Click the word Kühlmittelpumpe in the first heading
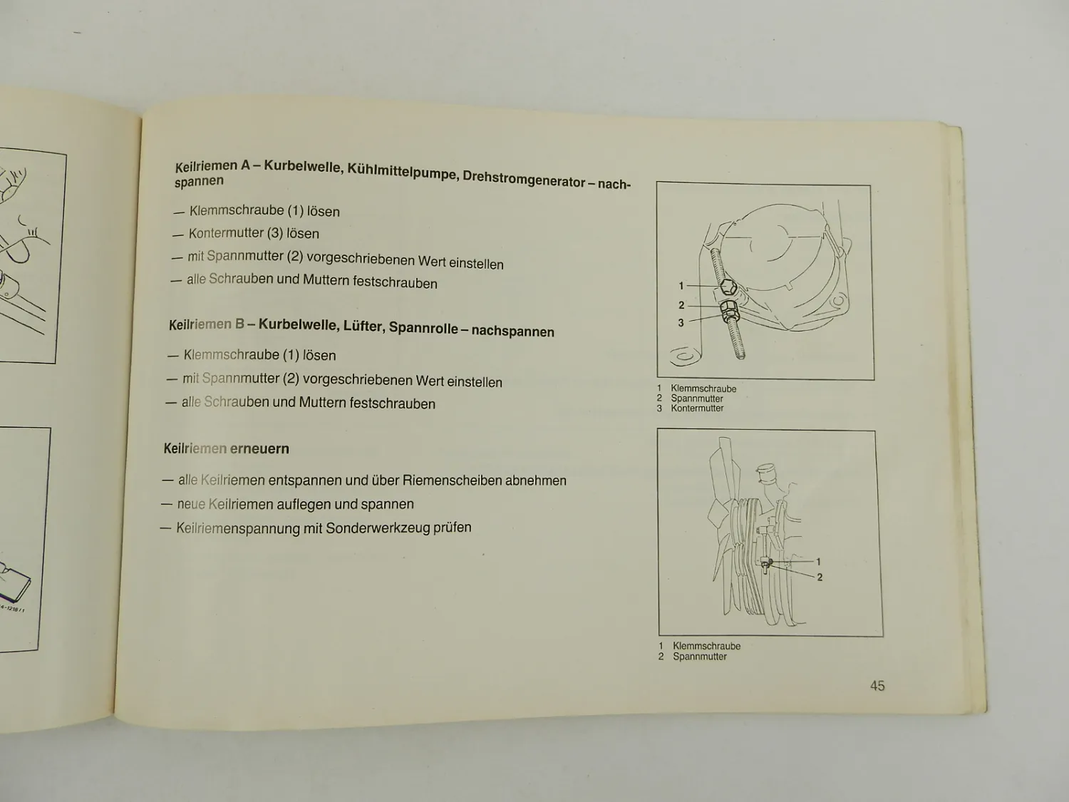point(403,172)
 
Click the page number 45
point(877,686)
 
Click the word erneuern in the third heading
point(259,449)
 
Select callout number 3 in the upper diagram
point(681,323)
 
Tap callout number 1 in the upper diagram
point(681,286)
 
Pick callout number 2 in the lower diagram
point(820,577)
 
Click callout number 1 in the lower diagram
point(818,562)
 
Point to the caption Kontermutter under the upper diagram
point(697,408)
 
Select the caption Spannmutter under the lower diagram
point(700,657)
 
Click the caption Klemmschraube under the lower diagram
point(706,646)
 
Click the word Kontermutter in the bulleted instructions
point(226,233)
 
